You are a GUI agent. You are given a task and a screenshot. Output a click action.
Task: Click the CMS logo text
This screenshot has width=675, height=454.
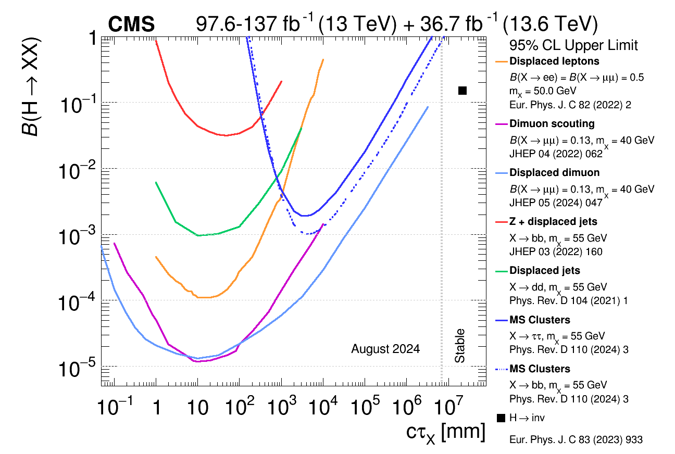[x=131, y=24]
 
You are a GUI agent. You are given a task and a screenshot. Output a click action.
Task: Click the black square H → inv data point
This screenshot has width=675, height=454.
[x=462, y=91]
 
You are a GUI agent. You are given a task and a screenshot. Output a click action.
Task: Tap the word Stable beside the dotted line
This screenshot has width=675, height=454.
[x=459, y=346]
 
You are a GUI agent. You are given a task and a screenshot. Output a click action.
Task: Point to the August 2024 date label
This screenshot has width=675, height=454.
[x=385, y=349]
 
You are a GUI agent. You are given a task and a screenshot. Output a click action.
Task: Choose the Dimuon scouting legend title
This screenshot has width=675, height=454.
[x=552, y=123]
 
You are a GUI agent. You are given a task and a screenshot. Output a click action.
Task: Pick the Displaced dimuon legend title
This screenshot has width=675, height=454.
[x=554, y=172]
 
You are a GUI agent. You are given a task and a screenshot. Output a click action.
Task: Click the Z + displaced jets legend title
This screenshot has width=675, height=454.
[x=553, y=221]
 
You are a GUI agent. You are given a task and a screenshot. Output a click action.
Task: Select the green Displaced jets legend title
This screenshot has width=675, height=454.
[x=544, y=271]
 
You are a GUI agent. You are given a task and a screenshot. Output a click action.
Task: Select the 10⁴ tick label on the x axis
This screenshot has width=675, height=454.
[x=323, y=406]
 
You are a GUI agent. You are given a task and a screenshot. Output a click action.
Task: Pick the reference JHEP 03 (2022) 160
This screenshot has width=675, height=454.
[x=556, y=252]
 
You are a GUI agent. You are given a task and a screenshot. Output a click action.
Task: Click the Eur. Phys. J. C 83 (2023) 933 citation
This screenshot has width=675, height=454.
[x=576, y=440]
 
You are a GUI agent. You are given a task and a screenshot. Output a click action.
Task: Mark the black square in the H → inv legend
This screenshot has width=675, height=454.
[x=501, y=418]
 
